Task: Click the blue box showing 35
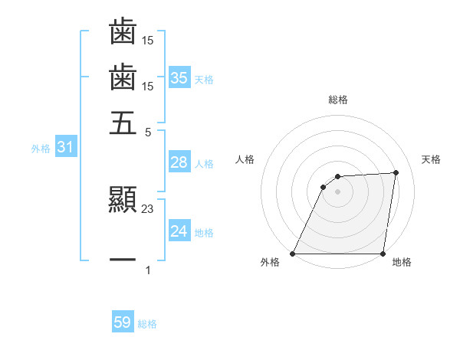pos(179,77)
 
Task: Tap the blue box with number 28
pos(179,162)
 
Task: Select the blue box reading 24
pos(179,231)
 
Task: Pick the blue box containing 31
pos(65,148)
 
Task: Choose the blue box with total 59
pos(123,322)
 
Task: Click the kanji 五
pos(123,123)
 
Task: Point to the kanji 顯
pos(123,201)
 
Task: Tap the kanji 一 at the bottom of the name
pos(123,261)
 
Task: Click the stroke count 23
pos(148,209)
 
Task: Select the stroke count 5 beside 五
pos(149,131)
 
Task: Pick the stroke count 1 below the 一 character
pos(148,270)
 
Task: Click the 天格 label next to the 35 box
pos(204,79)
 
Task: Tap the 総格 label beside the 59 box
pos(147,324)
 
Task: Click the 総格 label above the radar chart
pos(337,100)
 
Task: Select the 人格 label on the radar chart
pos(245,159)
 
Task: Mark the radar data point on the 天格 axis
pos(396,172)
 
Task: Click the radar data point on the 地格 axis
pos(383,254)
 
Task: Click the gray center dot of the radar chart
pos(337,191)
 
